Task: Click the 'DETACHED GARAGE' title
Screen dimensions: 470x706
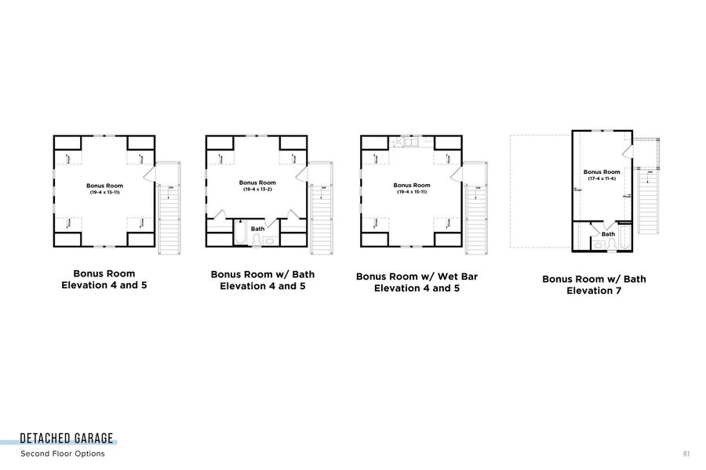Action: click(67, 439)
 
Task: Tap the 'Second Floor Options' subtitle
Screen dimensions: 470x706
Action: click(63, 454)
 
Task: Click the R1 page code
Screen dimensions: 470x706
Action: click(686, 454)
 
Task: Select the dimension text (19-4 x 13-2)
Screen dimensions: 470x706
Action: click(257, 189)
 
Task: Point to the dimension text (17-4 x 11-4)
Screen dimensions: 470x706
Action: click(602, 178)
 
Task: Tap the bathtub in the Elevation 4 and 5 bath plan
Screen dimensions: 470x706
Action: click(240, 235)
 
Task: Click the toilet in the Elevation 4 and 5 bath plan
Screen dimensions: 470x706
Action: click(257, 240)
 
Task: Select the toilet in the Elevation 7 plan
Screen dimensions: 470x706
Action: click(599, 245)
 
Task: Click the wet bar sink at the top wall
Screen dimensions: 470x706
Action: click(410, 142)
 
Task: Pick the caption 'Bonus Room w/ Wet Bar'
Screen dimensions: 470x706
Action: click(417, 277)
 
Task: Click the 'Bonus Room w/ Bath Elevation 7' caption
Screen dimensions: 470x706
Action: click(594, 285)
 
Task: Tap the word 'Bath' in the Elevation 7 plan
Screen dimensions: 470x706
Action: click(608, 233)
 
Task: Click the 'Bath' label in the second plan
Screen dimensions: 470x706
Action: click(257, 229)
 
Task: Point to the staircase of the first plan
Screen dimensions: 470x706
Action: click(169, 219)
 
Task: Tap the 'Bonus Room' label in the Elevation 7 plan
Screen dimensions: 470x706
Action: click(602, 171)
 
